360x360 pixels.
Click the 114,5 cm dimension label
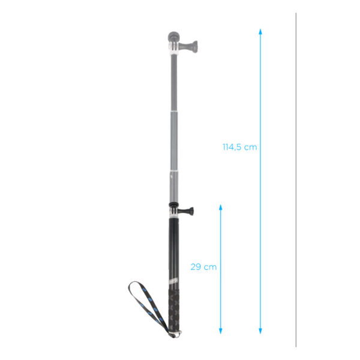pyautogui.click(x=239, y=147)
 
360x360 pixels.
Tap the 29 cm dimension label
pyautogui.click(x=203, y=267)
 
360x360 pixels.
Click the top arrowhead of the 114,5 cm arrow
pyautogui.click(x=260, y=32)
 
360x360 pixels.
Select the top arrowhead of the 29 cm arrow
pyautogui.click(x=221, y=208)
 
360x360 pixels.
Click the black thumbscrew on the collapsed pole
pyautogui.click(x=188, y=210)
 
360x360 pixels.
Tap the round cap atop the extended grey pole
pyautogui.click(x=173, y=36)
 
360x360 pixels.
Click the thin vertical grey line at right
pyautogui.click(x=296, y=180)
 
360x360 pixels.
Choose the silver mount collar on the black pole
pyautogui.click(x=173, y=217)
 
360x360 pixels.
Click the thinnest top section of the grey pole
pyautogui.click(x=173, y=84)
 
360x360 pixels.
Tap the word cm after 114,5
pyautogui.click(x=251, y=147)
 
